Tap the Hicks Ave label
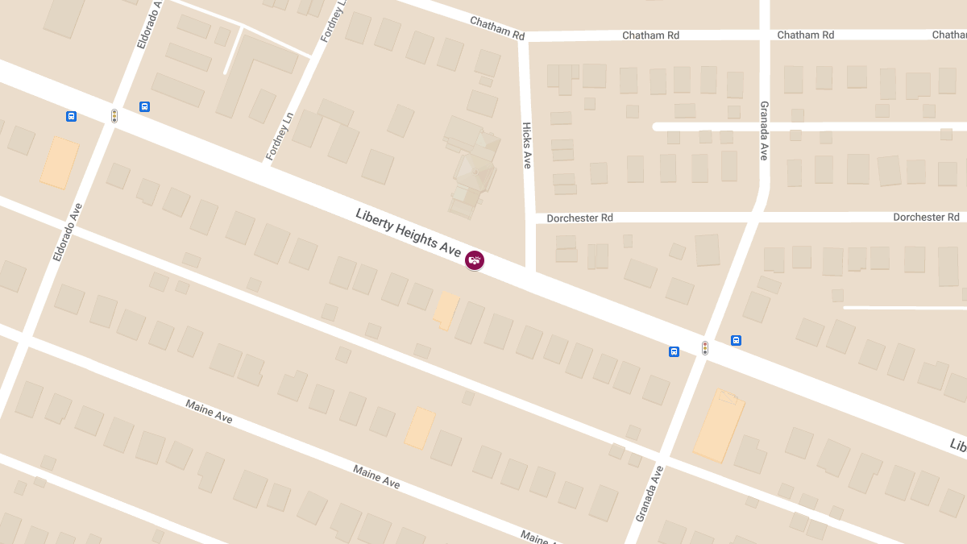(x=527, y=146)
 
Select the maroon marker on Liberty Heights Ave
(x=475, y=260)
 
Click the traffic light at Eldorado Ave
(x=114, y=116)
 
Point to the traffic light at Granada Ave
(x=705, y=348)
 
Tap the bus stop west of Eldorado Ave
(x=72, y=116)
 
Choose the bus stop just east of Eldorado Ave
(x=145, y=106)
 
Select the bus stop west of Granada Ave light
(x=674, y=351)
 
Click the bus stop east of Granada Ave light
(x=736, y=340)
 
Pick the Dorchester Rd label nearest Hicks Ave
(x=579, y=218)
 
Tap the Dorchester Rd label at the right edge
(x=926, y=218)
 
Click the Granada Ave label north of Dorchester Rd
(x=764, y=131)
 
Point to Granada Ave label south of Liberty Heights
(x=649, y=493)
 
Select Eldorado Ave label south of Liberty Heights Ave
(x=68, y=232)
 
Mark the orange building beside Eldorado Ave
(x=60, y=163)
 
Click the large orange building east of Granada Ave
(x=719, y=425)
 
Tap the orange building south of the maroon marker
(x=446, y=310)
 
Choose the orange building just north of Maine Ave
(x=420, y=428)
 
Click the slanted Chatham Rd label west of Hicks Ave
(x=497, y=30)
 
